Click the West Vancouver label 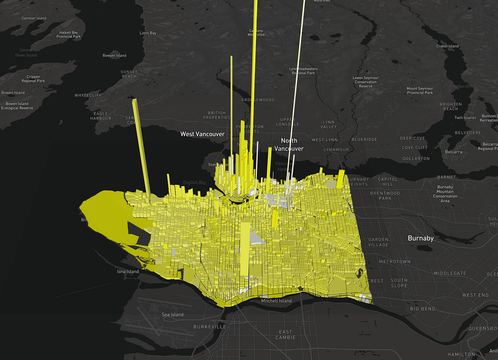coord(202,134)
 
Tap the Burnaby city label coord(420,238)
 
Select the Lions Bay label coord(147,33)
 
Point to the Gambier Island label coord(34,18)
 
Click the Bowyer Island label coord(114,56)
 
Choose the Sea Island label coord(172,315)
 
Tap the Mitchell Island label coord(276,301)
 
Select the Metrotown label coord(394,261)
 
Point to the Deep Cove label coord(413,138)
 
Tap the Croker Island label coord(447,46)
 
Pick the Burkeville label coord(209,327)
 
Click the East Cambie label coord(285,335)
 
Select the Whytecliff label coord(88,95)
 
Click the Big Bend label coord(423,309)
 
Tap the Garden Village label coord(378,242)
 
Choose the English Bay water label coord(194,183)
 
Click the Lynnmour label coord(336,149)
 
